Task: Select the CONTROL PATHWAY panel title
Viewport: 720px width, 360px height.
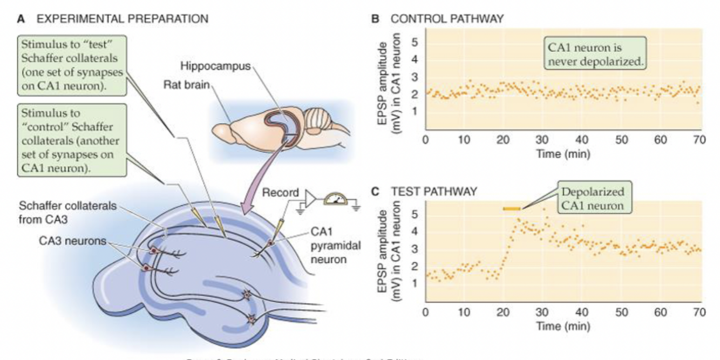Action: point(447,18)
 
